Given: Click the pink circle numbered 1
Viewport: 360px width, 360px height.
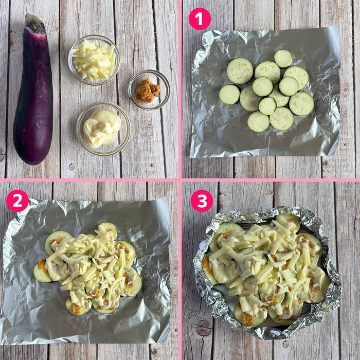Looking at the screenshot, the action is pyautogui.click(x=200, y=19).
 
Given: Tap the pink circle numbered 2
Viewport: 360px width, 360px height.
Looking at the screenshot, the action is pyautogui.click(x=17, y=201).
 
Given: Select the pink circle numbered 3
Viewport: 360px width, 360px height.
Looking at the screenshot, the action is pyautogui.click(x=202, y=201).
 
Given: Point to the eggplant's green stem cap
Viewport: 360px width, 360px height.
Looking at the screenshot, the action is pyautogui.click(x=35, y=24).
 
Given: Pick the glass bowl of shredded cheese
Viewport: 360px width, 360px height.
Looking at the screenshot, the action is pyautogui.click(x=94, y=60).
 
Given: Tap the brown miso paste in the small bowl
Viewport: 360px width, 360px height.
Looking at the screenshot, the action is pyautogui.click(x=148, y=90).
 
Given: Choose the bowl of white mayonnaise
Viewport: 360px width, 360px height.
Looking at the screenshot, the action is pyautogui.click(x=103, y=129).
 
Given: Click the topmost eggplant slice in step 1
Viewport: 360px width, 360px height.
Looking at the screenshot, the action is pyautogui.click(x=283, y=59).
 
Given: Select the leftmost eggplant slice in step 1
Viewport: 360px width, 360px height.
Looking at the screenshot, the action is pyautogui.click(x=229, y=94).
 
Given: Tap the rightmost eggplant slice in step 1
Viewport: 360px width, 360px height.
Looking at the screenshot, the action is pyautogui.click(x=301, y=104).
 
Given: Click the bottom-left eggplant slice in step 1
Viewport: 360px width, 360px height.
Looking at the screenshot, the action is pyautogui.click(x=259, y=122).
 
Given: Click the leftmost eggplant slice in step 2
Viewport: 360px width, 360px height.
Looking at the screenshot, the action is pyautogui.click(x=43, y=271).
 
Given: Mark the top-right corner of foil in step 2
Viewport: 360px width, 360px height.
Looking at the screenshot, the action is pyautogui.click(x=168, y=198).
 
